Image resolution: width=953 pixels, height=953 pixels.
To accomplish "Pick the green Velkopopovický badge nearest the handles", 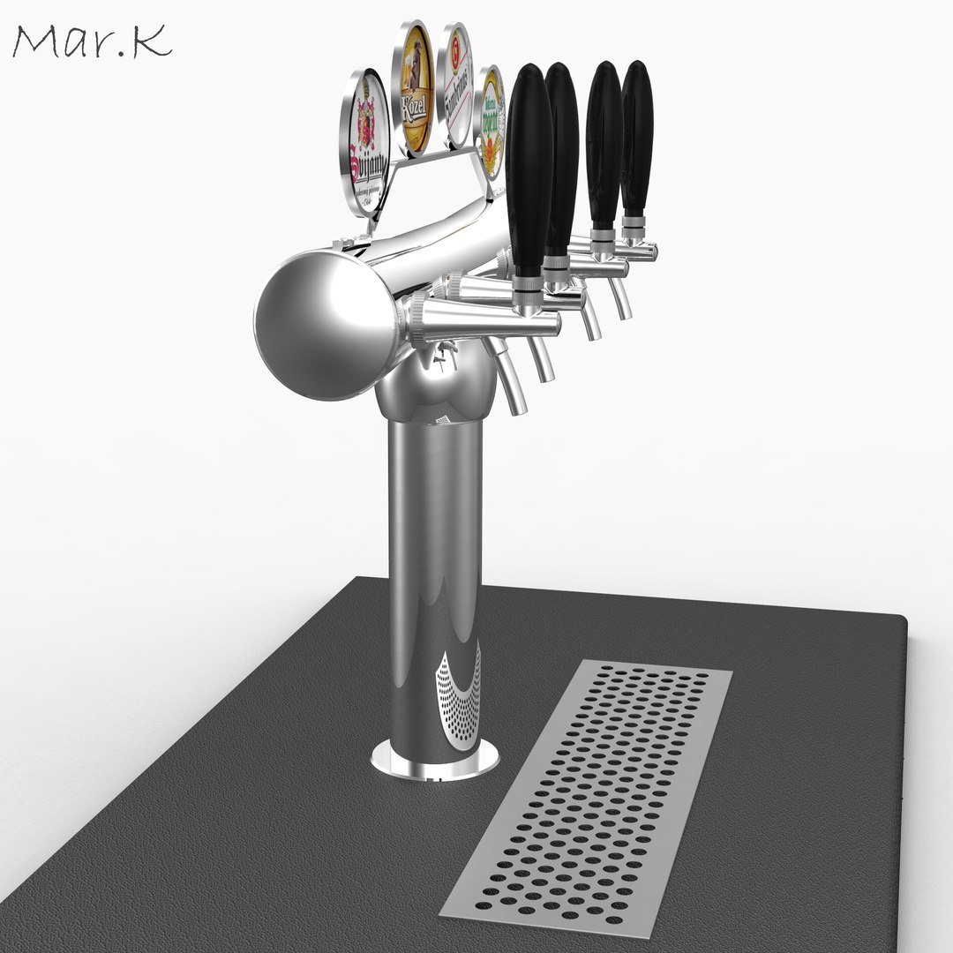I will pyautogui.click(x=491, y=121).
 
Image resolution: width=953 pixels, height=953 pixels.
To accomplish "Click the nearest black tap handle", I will pyautogui.click(x=529, y=172).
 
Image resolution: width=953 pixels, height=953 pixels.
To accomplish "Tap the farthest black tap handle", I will pyautogui.click(x=636, y=137).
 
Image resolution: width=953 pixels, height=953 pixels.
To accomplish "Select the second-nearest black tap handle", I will pyautogui.click(x=561, y=159).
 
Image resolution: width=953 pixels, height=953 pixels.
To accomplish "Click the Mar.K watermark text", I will pyautogui.click(x=92, y=41).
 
